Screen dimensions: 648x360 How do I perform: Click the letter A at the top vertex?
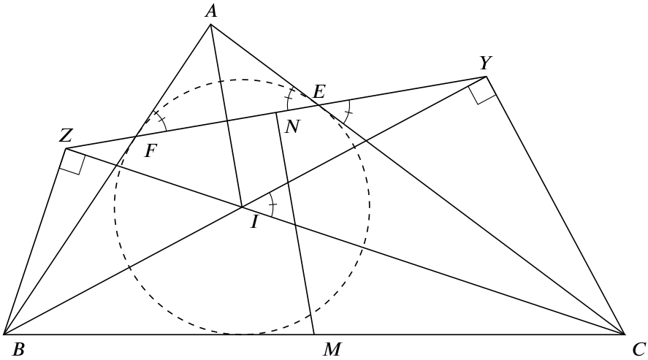click(x=211, y=12)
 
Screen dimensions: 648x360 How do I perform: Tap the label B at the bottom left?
click(x=18, y=350)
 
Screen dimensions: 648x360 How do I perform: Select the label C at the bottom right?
click(x=639, y=350)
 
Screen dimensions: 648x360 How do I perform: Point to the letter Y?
click(x=486, y=64)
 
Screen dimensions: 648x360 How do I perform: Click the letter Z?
click(x=66, y=135)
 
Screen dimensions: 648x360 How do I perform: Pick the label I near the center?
click(x=254, y=223)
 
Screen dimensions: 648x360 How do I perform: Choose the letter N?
click(x=291, y=127)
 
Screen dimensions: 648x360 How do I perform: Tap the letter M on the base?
click(x=332, y=350)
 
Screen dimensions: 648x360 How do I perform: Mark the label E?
click(x=319, y=91)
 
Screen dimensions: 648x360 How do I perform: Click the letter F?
click(x=150, y=152)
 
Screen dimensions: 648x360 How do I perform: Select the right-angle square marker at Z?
click(x=74, y=163)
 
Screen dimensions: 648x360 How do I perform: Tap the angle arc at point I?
click(x=272, y=204)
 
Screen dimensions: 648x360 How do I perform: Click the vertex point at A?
click(x=211, y=24)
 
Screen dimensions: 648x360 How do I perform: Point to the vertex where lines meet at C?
click(x=624, y=334)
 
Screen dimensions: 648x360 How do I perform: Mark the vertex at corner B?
click(x=4, y=334)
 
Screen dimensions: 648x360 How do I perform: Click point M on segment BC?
click(x=314, y=334)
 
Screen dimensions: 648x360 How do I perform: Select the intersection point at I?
click(x=242, y=207)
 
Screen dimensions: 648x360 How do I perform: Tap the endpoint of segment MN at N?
click(x=276, y=112)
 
